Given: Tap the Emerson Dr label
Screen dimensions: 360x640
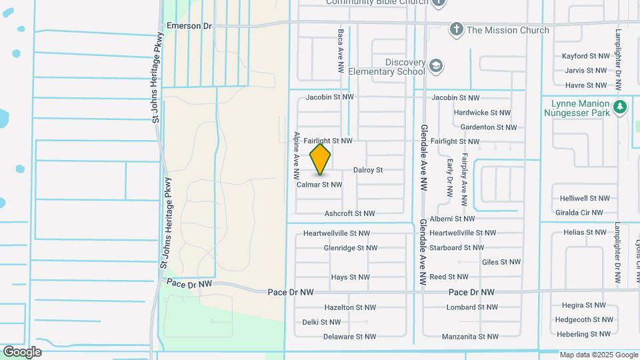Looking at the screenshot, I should pos(189,25).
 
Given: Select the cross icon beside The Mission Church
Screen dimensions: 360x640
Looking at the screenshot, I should pos(457,29).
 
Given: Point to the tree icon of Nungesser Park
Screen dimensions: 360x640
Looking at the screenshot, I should pos(620,107).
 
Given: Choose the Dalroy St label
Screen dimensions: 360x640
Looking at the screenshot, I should pos(368,170).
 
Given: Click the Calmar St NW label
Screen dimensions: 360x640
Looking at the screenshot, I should pos(319,185).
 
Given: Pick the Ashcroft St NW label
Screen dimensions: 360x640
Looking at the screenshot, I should pos(349,213).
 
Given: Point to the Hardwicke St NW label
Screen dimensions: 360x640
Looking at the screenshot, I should pos(482,113).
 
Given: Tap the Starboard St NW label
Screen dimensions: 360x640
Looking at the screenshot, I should pos(464,247).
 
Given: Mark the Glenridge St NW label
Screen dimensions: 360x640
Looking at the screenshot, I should pos(351,247).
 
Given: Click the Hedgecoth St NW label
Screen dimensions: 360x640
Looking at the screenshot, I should pos(582,319).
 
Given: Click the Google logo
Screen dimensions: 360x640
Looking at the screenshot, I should pos(21,352).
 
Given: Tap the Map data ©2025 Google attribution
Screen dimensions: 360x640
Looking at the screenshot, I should pos(599,355).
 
